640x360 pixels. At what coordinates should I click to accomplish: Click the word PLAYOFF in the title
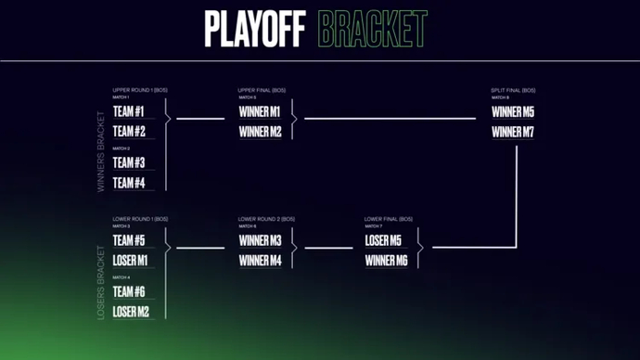click(x=257, y=29)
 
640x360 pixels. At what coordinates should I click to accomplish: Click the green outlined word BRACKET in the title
click(x=372, y=29)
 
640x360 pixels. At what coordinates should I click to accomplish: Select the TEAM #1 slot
click(x=129, y=111)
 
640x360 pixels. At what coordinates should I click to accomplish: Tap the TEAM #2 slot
click(x=129, y=132)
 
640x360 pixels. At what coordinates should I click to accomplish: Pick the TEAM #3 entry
click(x=129, y=162)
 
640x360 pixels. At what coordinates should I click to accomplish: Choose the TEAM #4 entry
click(x=129, y=183)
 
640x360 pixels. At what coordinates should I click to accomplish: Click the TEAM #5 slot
click(x=129, y=240)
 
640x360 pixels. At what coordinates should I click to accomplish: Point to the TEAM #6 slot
click(x=129, y=291)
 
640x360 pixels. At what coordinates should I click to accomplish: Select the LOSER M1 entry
click(x=131, y=261)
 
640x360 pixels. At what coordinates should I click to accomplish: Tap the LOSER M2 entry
click(x=131, y=312)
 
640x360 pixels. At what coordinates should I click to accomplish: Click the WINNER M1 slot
click(x=260, y=111)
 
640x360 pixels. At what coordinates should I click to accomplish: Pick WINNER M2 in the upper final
click(x=260, y=132)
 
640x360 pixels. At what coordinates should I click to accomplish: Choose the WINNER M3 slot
click(x=260, y=240)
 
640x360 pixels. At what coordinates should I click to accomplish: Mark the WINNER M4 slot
click(x=260, y=261)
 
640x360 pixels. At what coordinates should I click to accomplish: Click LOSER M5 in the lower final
click(x=384, y=240)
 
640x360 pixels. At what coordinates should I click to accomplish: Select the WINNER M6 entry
click(x=387, y=261)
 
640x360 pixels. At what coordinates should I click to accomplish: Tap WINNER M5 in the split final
click(x=513, y=111)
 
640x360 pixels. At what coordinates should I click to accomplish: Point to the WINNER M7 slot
click(x=513, y=132)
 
